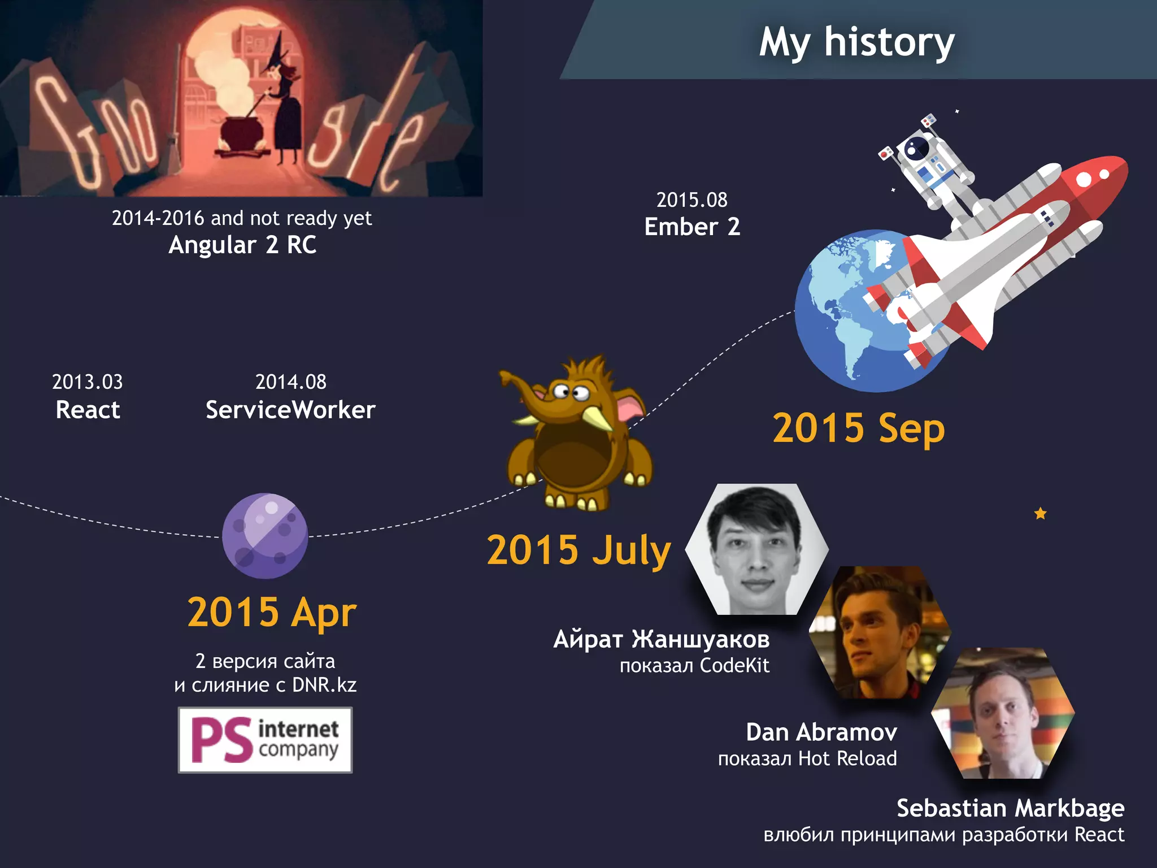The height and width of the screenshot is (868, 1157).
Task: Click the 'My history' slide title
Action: (x=856, y=42)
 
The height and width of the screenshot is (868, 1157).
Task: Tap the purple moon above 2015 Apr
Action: (x=265, y=536)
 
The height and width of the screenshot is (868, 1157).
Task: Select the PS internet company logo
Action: (x=265, y=740)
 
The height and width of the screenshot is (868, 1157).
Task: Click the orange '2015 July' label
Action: (x=578, y=550)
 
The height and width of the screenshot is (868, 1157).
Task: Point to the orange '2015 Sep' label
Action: (x=858, y=428)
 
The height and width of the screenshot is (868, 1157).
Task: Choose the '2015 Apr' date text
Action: (x=272, y=612)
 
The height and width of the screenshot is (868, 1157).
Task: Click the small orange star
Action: (x=1040, y=514)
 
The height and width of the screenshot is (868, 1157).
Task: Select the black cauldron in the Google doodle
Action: (x=242, y=133)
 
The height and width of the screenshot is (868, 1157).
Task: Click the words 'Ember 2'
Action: (x=692, y=227)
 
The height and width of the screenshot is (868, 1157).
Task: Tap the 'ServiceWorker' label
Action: (x=290, y=410)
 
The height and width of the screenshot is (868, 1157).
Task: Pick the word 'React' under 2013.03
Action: (x=88, y=410)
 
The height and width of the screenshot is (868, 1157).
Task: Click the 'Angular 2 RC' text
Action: (x=242, y=245)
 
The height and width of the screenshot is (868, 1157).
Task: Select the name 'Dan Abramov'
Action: (x=821, y=732)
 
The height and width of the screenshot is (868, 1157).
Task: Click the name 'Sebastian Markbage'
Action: (x=1010, y=808)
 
